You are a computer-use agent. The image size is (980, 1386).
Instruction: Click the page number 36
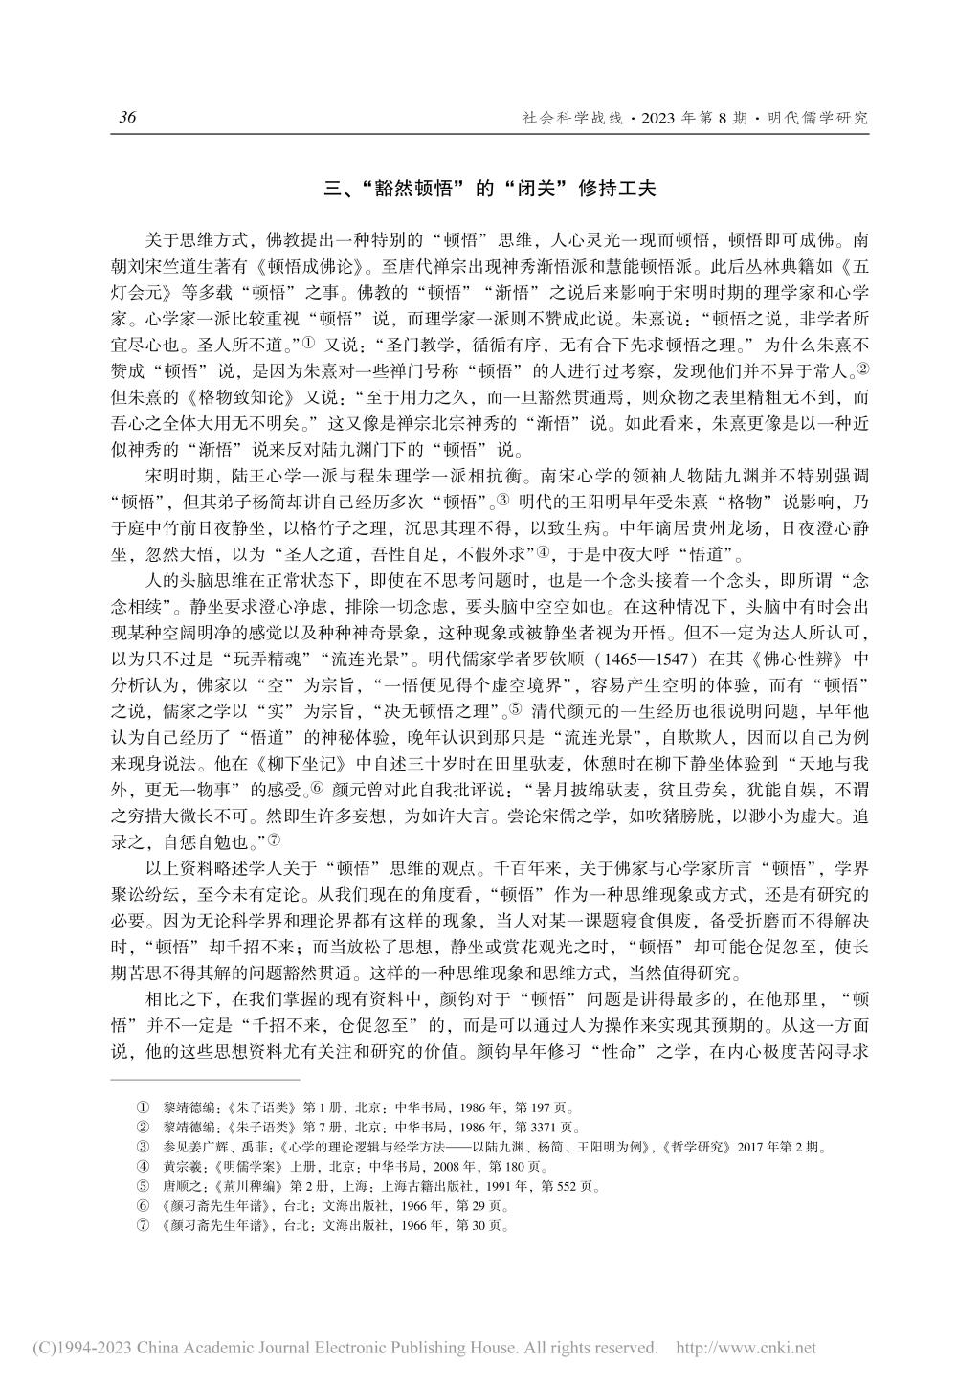pyautogui.click(x=127, y=118)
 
